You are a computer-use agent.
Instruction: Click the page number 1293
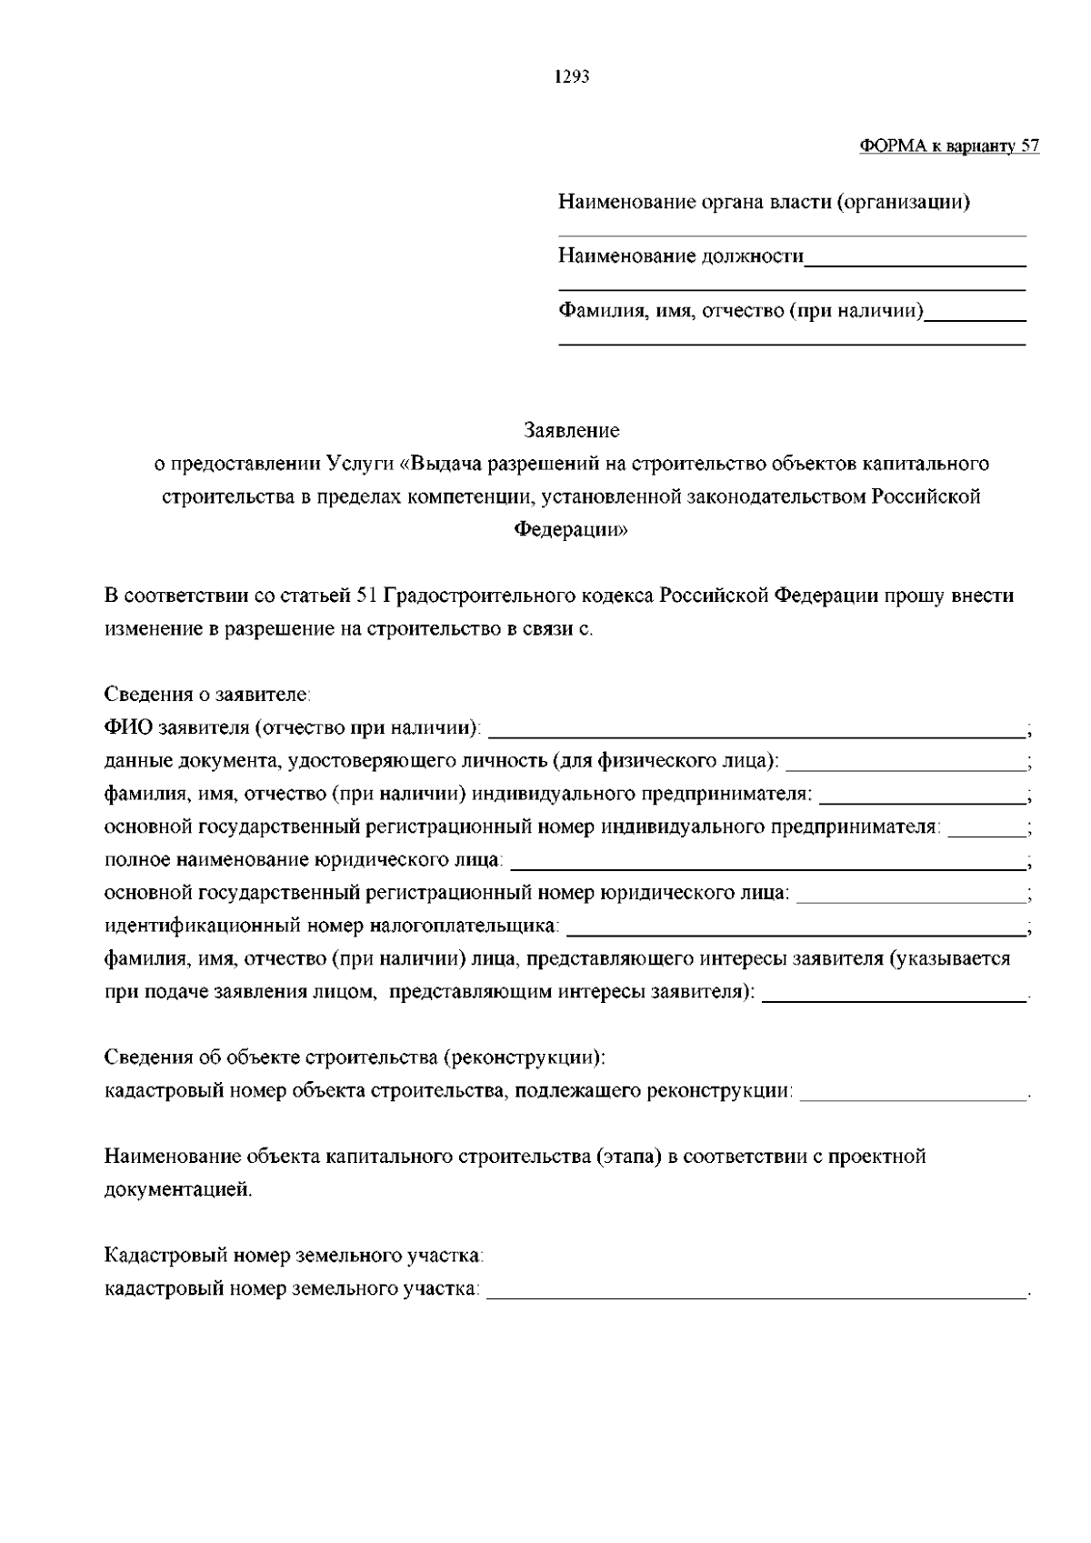(573, 77)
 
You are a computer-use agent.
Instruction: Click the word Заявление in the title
(572, 430)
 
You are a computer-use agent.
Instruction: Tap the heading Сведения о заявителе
(207, 696)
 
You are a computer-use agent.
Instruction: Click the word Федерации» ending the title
(572, 530)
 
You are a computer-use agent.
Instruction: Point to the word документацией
(178, 1189)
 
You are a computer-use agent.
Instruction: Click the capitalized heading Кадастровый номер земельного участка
(294, 1257)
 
